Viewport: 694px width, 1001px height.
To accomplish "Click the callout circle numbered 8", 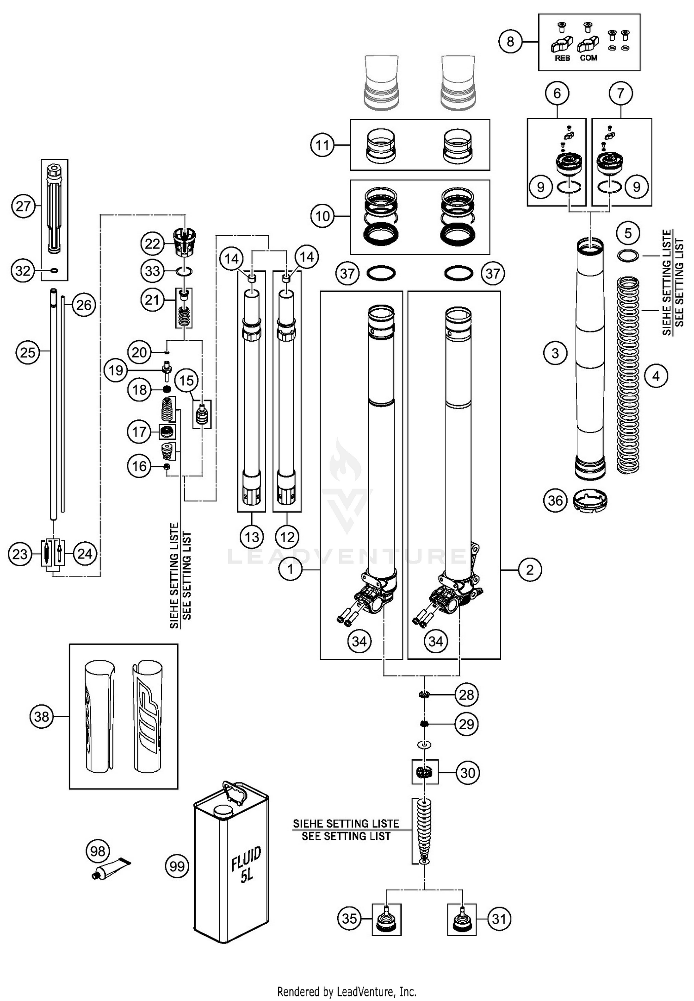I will [x=510, y=42].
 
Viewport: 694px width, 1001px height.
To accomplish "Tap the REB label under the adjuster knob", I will [x=562, y=58].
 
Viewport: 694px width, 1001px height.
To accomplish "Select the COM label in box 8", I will [x=588, y=58].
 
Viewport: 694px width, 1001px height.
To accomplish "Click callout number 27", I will [x=23, y=206].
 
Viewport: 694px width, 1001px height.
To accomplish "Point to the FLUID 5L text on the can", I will [x=246, y=864].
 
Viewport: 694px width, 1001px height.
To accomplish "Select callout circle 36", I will [x=555, y=500].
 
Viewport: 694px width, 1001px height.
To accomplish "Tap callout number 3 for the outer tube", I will [x=555, y=353].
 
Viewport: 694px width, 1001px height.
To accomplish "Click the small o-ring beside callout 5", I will [x=628, y=255].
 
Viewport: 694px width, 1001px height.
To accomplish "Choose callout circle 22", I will [x=152, y=244].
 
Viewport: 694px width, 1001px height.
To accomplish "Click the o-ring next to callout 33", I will [x=184, y=271].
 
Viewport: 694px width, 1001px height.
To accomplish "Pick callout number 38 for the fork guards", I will [x=42, y=717].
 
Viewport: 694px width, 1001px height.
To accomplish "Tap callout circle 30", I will [x=468, y=773].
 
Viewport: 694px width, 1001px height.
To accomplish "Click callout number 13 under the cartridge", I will [x=252, y=537].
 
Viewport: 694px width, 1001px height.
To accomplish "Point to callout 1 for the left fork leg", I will [x=291, y=569].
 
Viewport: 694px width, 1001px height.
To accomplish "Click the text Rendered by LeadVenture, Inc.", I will [x=347, y=991].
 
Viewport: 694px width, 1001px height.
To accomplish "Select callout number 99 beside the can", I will [x=177, y=866].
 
